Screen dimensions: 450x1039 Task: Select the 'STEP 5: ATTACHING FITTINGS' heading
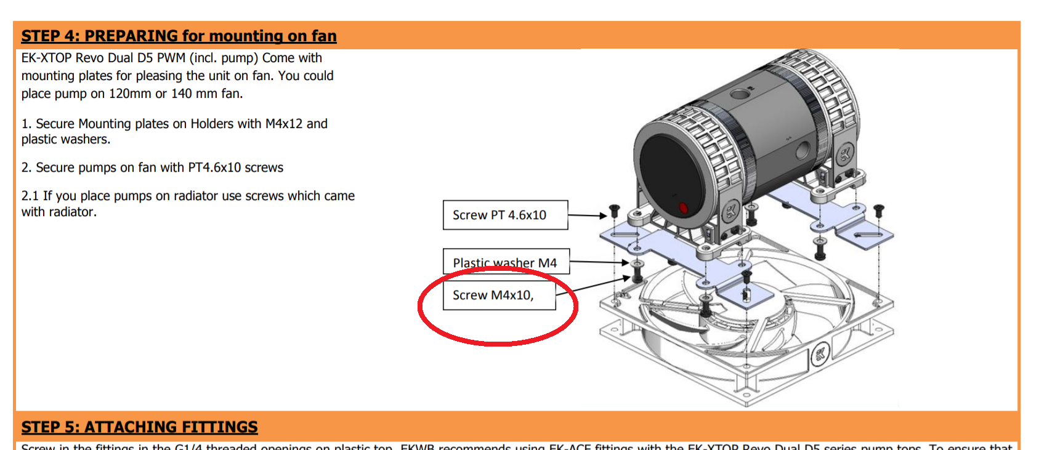[139, 427]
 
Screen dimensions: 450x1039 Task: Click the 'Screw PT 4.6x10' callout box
[505, 215]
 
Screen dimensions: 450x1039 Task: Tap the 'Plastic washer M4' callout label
[505, 262]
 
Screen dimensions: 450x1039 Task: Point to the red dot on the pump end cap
[683, 208]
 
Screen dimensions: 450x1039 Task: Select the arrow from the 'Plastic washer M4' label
[597, 262]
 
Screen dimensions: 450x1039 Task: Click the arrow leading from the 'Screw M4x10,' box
[594, 286]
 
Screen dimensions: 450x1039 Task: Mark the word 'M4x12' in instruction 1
[284, 124]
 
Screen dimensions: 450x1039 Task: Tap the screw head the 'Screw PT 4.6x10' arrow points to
[614, 210]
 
